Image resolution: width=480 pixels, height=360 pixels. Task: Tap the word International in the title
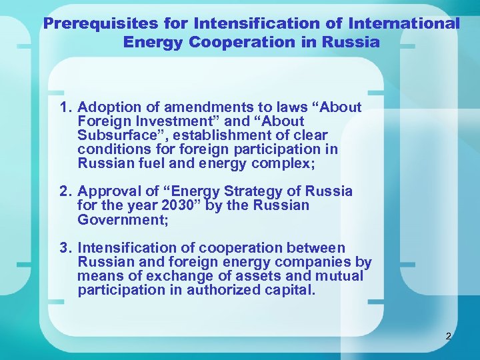405,24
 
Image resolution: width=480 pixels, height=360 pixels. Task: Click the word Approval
107,191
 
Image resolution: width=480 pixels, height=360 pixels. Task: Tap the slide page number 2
448,336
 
